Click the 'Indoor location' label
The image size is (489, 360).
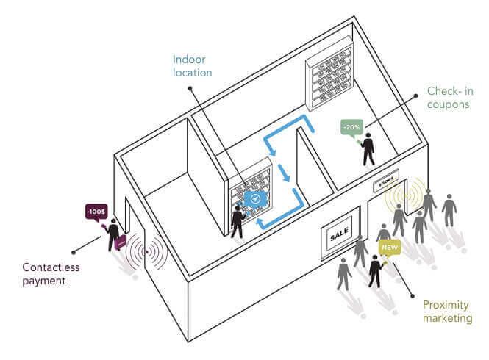pyautogui.click(x=192, y=66)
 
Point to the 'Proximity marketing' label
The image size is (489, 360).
pyautogui.click(x=447, y=310)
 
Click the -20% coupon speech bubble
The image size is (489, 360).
pyautogui.click(x=351, y=126)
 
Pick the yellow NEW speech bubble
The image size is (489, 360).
pyautogui.click(x=389, y=248)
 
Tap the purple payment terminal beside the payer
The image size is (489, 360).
pyautogui.click(x=121, y=240)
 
